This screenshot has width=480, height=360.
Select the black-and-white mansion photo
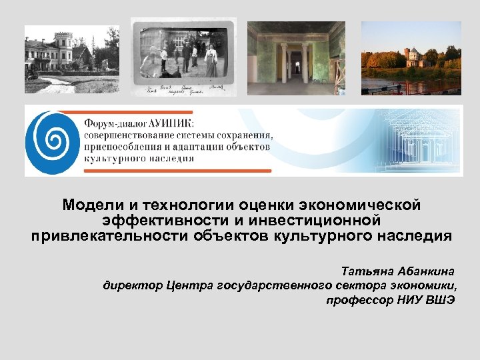72,59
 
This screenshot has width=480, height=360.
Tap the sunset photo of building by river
411,58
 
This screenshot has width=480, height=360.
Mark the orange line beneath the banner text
177,171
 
